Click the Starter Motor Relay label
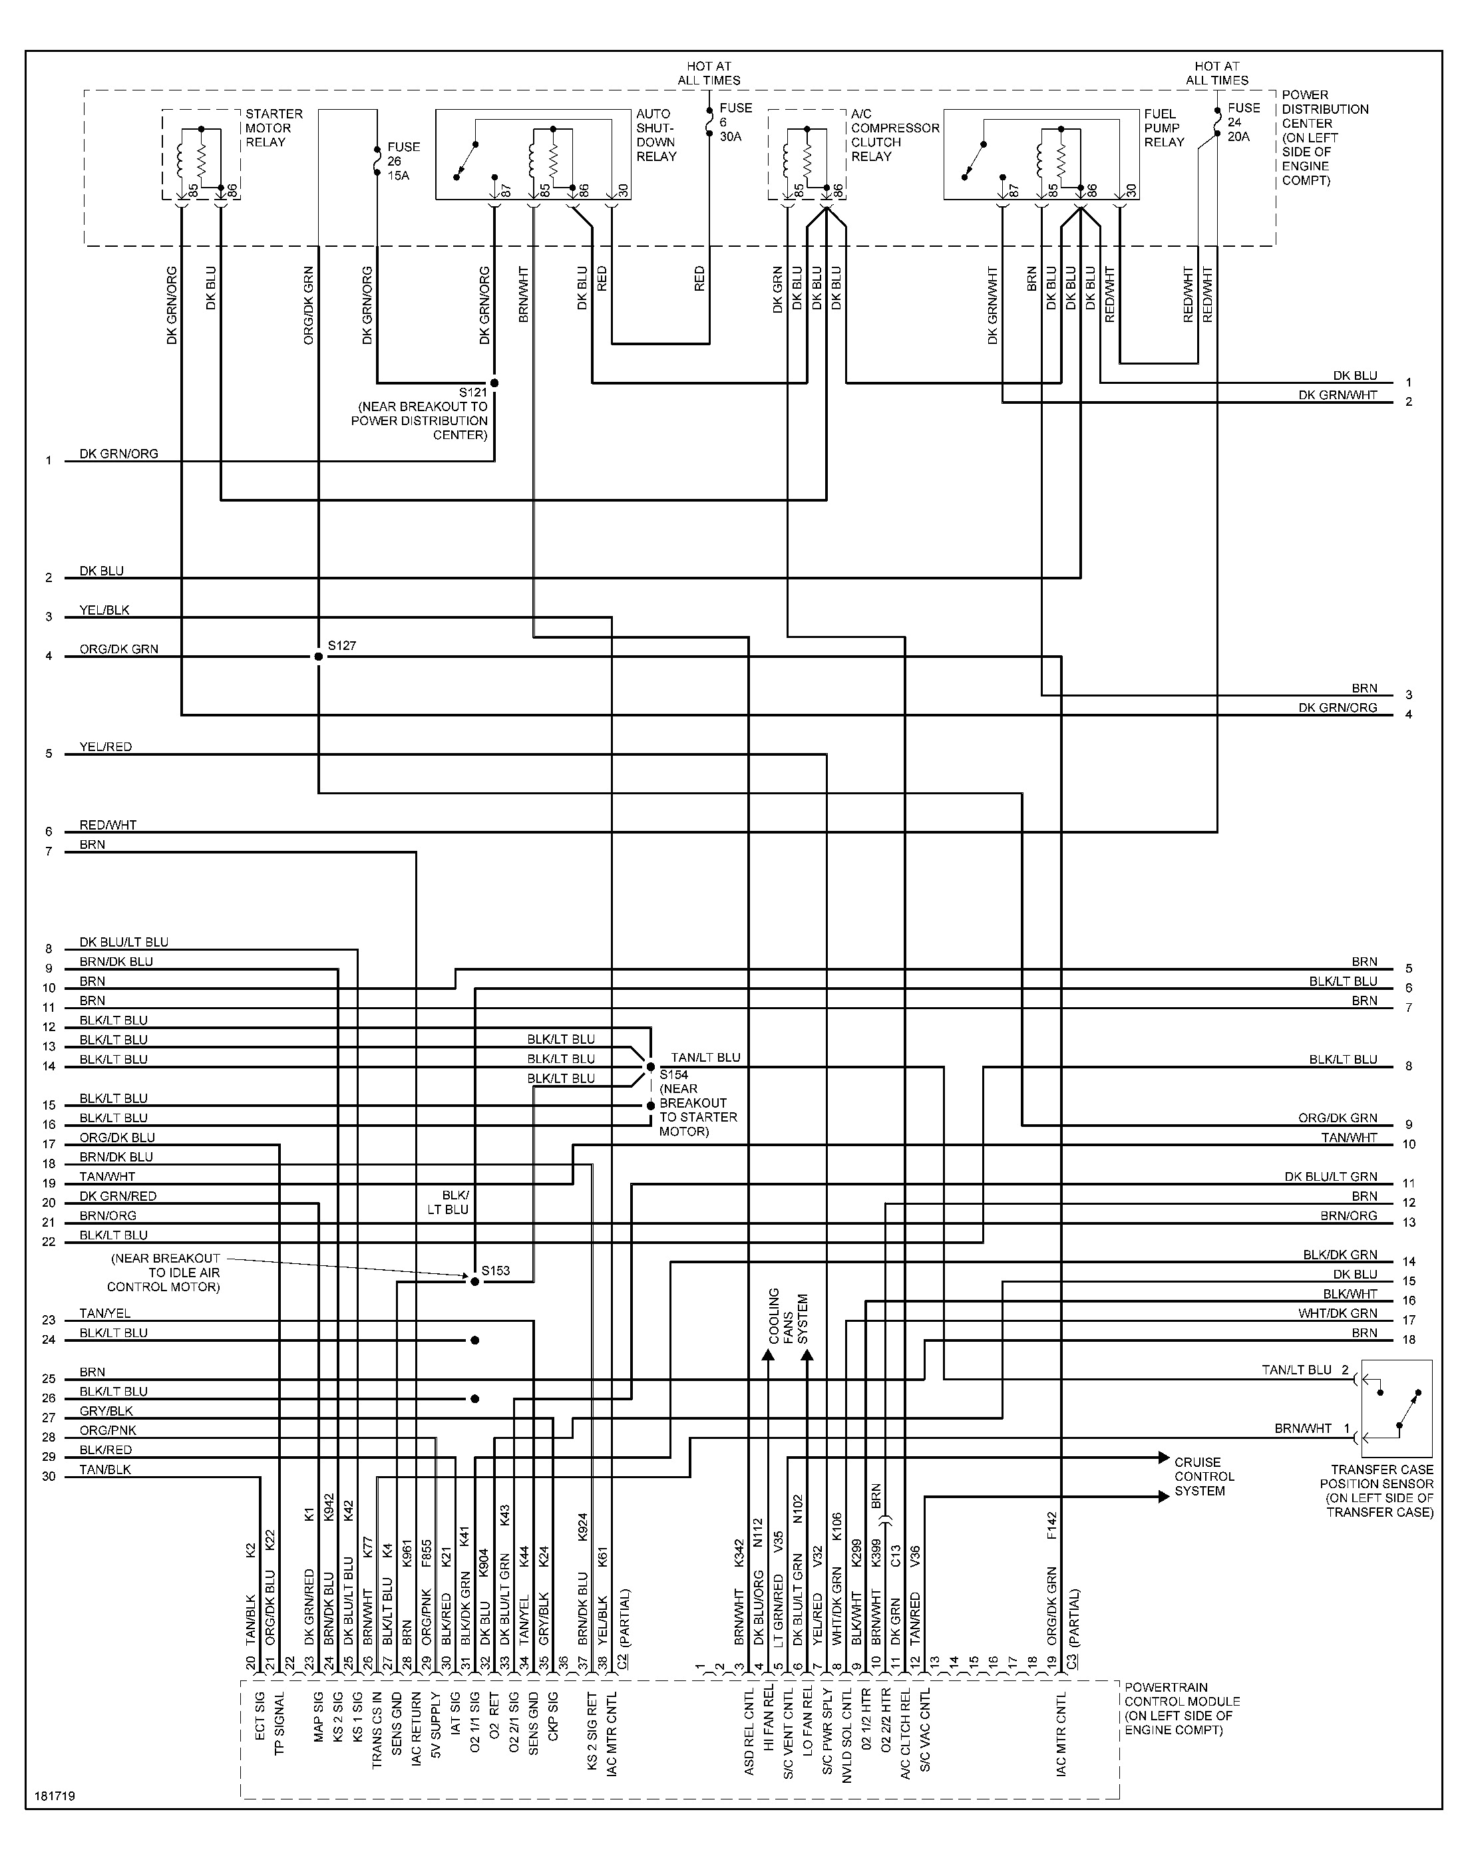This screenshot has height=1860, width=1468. (x=274, y=128)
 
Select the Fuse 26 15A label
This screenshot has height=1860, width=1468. (x=403, y=161)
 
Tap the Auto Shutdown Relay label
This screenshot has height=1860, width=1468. (x=657, y=135)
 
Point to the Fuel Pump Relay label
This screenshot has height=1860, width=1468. (x=1165, y=128)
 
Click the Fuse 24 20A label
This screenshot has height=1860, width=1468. (x=1244, y=122)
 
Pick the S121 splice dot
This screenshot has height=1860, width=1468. (x=494, y=383)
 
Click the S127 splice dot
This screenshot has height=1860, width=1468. (x=319, y=657)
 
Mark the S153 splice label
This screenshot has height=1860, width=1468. (x=496, y=1270)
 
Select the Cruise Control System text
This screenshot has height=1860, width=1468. (x=1204, y=1476)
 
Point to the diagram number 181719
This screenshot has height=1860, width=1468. (x=55, y=1795)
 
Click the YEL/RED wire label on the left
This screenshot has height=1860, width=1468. (x=106, y=746)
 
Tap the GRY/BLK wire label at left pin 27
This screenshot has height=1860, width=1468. (x=106, y=1411)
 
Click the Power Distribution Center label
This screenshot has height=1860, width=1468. (x=1324, y=138)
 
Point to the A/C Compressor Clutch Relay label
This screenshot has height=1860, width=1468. (x=895, y=135)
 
